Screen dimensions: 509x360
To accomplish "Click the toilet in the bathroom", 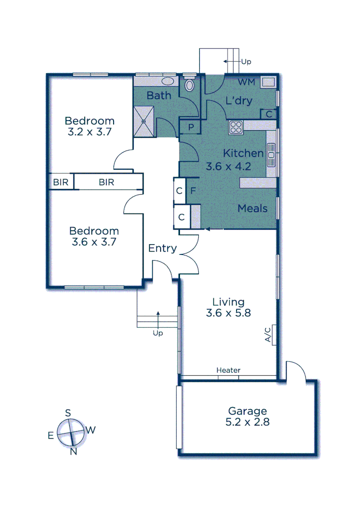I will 189,85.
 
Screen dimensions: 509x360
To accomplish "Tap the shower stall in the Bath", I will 144,121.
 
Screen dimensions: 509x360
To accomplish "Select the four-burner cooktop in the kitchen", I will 236,127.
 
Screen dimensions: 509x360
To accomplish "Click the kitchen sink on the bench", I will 271,154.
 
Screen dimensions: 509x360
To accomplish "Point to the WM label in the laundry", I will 246,82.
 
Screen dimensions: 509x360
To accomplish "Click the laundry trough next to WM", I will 268,82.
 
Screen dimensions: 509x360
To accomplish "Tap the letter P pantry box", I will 191,127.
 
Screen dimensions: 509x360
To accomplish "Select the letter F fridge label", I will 193,191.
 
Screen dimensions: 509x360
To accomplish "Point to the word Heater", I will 229,370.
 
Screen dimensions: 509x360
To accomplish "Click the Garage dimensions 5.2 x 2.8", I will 247,422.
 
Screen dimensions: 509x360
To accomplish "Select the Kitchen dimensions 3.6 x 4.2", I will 228,166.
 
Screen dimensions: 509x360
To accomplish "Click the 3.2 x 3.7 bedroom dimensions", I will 90,132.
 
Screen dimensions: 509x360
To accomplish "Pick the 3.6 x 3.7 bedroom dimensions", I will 93,243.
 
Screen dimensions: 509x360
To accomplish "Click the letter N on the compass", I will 73,452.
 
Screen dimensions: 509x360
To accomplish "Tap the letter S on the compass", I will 68,413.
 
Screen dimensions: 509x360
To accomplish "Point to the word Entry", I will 163,248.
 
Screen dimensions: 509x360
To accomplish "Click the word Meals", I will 253,208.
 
